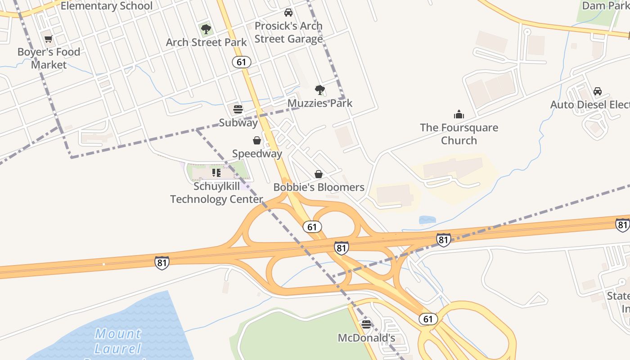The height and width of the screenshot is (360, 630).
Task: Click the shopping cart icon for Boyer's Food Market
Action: (x=49, y=39)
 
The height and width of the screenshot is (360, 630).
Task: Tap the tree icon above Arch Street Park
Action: (x=206, y=30)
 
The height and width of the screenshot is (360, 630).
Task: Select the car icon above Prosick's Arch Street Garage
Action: (x=288, y=13)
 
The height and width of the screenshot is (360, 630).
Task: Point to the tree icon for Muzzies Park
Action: (x=320, y=90)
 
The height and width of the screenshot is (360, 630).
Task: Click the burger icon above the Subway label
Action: (x=238, y=109)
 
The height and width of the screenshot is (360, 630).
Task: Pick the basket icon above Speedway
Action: (x=257, y=141)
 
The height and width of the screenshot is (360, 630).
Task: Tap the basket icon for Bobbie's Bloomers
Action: (x=319, y=174)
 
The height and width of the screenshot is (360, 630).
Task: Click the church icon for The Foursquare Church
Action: (x=459, y=114)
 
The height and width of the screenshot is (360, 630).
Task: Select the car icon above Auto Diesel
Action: (x=598, y=91)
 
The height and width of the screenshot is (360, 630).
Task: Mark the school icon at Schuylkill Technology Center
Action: (x=216, y=173)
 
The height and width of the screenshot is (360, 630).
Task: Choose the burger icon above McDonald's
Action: (x=366, y=324)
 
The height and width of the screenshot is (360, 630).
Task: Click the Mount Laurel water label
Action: (x=118, y=341)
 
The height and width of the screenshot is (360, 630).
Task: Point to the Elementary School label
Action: (x=107, y=6)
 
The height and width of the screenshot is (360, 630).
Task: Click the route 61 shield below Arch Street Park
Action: (x=242, y=62)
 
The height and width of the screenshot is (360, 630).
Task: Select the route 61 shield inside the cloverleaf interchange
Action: (x=312, y=227)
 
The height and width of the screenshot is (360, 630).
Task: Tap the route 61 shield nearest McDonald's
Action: (x=428, y=319)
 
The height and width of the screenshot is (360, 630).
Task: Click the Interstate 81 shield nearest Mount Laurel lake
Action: (x=162, y=263)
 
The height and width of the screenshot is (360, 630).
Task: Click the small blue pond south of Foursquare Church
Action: (x=427, y=220)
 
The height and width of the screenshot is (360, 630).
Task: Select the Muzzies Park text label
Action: (x=320, y=103)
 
